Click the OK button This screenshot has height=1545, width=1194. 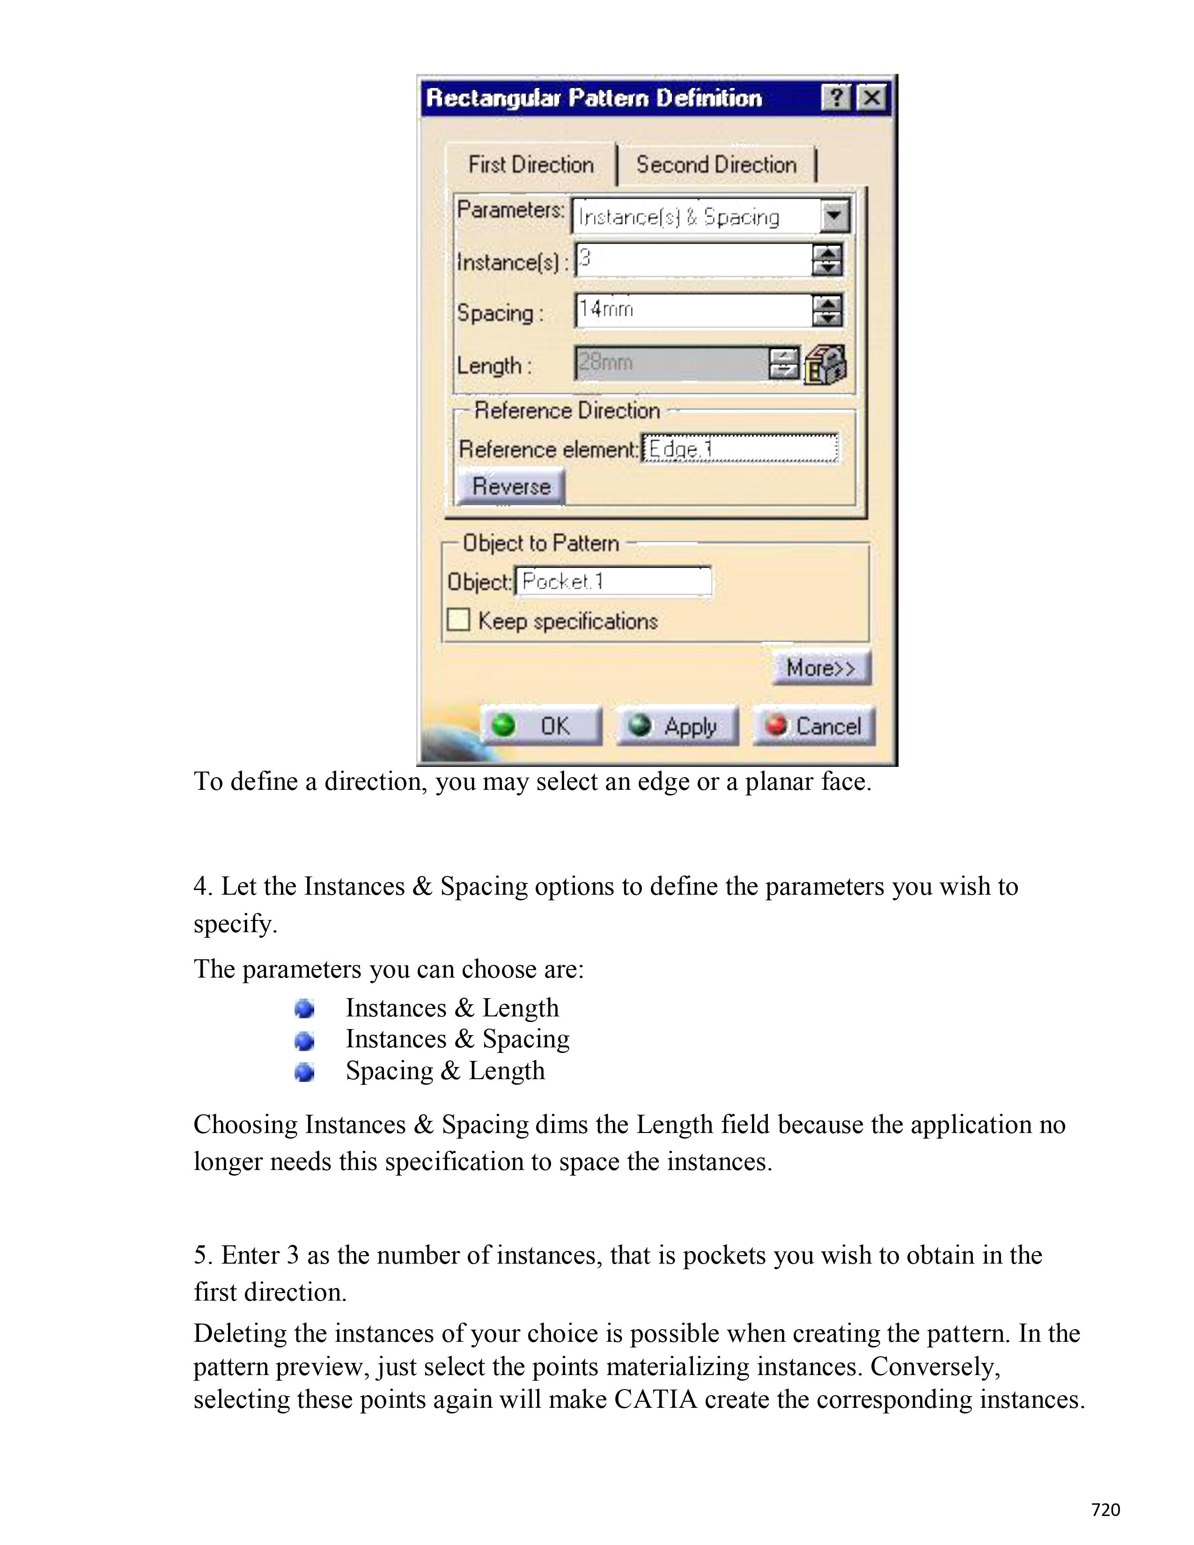click(x=541, y=726)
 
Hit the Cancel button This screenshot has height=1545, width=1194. click(x=814, y=726)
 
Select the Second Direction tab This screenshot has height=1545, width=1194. click(x=716, y=165)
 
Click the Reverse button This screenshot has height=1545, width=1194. click(x=511, y=487)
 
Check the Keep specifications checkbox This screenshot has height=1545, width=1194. click(x=458, y=620)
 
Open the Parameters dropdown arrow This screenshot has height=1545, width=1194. click(x=835, y=215)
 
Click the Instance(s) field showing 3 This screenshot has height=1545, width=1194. click(x=693, y=260)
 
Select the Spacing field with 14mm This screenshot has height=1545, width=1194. click(x=693, y=310)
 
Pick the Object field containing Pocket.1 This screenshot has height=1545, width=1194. click(x=612, y=581)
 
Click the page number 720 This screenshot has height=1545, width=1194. click(x=1106, y=1509)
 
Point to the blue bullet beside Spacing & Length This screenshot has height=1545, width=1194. click(x=304, y=1073)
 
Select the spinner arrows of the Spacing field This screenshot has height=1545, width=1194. click(x=827, y=310)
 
